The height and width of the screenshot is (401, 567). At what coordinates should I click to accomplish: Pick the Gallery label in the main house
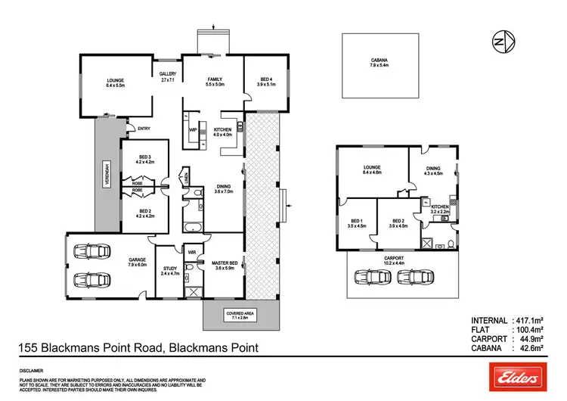(x=168, y=76)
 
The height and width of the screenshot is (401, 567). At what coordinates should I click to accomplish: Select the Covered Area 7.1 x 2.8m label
(x=241, y=315)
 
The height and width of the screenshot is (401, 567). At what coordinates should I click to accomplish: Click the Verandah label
(x=107, y=176)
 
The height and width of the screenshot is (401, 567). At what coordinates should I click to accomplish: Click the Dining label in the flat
(x=433, y=174)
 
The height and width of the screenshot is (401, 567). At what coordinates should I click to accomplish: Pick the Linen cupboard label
(x=185, y=178)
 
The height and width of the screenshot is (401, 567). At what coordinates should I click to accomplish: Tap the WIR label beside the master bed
(x=192, y=252)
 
